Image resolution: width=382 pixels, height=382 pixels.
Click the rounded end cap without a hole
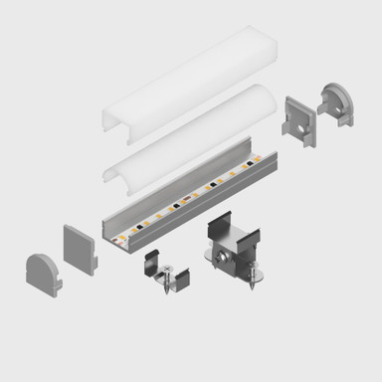tap(41, 270)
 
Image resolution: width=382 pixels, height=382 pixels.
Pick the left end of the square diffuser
tap(109, 116)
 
